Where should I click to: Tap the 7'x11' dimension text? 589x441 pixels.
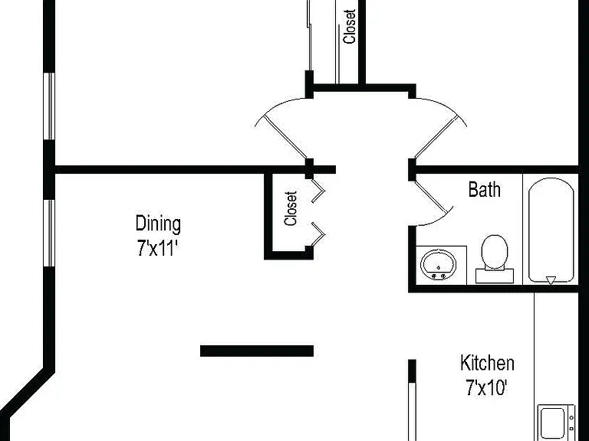(x=156, y=248)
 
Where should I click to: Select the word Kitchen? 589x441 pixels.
(x=487, y=363)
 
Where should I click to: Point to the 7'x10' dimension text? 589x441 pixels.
(x=486, y=387)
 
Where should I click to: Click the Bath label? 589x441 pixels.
(x=484, y=189)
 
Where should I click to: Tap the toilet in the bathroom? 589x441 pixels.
(x=495, y=259)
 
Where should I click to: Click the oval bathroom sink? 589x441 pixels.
(x=439, y=264)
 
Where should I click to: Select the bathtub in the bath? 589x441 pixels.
(x=551, y=230)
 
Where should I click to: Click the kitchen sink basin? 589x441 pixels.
(x=552, y=423)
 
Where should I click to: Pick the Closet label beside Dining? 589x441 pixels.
(x=291, y=208)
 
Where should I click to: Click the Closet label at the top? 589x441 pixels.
(x=350, y=26)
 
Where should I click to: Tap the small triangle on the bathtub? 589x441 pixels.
(x=551, y=280)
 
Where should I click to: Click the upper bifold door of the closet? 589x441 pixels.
(x=318, y=191)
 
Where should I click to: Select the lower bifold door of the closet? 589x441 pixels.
(x=318, y=234)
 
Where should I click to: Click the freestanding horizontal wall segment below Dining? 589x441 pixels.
(x=257, y=351)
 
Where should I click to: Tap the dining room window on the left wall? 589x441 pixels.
(x=49, y=233)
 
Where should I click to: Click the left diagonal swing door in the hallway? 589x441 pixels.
(x=285, y=137)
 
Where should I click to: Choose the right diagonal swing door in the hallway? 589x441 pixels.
(x=436, y=137)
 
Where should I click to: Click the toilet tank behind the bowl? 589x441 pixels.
(x=495, y=276)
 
